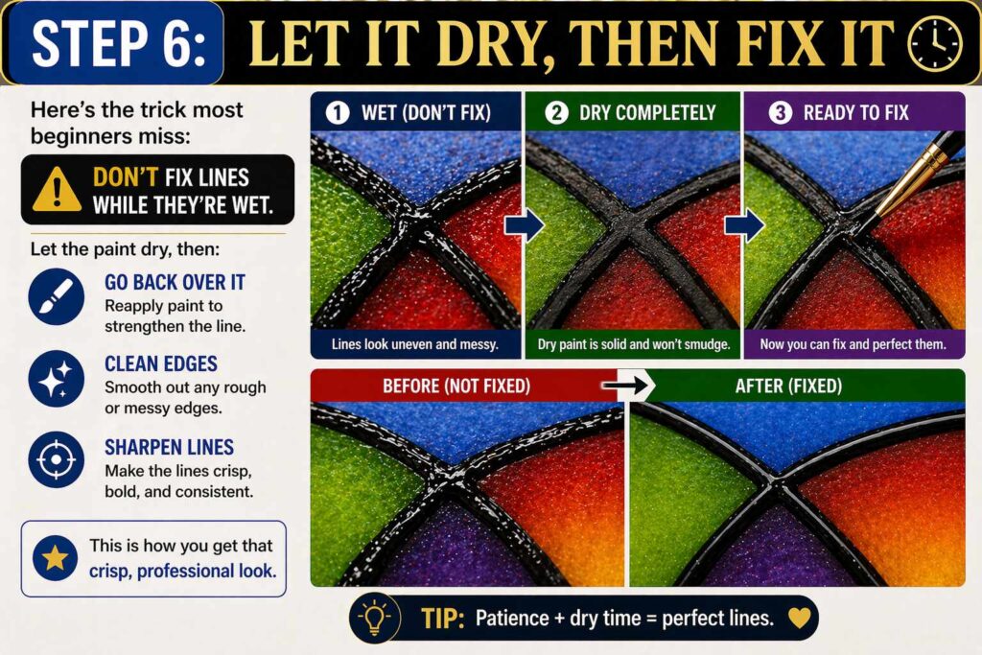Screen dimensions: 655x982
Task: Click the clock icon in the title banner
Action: (x=934, y=43)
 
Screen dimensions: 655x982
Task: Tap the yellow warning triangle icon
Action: (x=57, y=191)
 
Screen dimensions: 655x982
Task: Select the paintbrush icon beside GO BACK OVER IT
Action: (x=55, y=295)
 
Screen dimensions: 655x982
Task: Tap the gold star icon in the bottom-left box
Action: (x=55, y=558)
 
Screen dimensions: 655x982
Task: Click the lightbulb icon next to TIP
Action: (x=375, y=618)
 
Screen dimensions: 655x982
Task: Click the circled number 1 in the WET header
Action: (x=337, y=112)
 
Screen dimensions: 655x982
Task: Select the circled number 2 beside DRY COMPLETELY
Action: (x=556, y=112)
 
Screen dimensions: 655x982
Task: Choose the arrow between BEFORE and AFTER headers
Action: (x=623, y=386)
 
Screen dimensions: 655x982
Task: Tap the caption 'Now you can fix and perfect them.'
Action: (x=853, y=343)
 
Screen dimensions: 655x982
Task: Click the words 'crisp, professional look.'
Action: (x=180, y=571)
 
